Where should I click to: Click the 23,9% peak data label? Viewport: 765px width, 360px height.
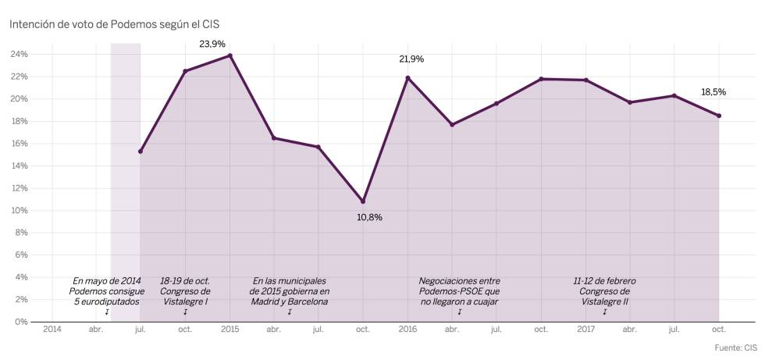coord(212,45)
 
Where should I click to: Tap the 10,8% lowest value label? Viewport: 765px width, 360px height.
coord(369,217)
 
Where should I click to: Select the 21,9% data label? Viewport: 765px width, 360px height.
coord(411,59)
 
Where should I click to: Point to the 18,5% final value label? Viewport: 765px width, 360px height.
coord(713,92)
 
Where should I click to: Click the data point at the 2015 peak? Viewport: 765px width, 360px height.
coord(230,55)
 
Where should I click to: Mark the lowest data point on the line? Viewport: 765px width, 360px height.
coord(363,201)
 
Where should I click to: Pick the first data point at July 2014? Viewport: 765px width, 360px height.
coord(141,151)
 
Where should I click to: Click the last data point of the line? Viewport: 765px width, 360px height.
coord(719,116)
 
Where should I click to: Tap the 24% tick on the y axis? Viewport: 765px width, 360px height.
coord(19,55)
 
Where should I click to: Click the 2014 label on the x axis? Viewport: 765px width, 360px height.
coord(52,330)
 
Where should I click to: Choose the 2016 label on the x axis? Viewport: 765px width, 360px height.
coord(407,330)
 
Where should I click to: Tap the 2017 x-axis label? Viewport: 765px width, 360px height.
coord(585,330)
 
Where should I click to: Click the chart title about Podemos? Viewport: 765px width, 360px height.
coord(114,24)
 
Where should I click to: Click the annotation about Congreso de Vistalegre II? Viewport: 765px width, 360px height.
coord(604,290)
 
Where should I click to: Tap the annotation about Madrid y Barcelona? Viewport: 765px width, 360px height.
coord(289,290)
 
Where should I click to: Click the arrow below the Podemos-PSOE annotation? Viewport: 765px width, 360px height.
coord(459,312)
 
